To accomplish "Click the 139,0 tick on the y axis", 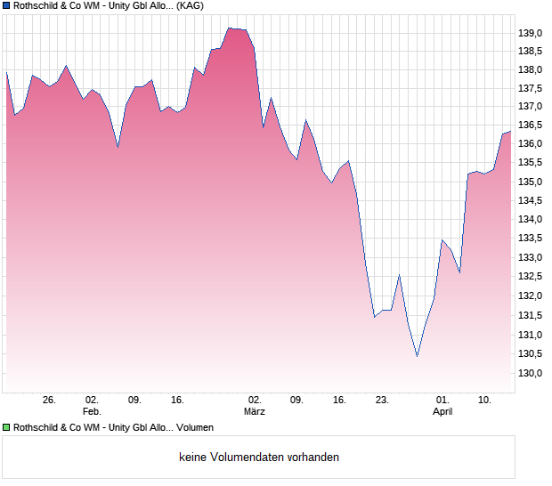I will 530,33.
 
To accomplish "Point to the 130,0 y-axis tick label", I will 530,373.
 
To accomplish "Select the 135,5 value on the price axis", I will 530,162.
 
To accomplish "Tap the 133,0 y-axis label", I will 530,257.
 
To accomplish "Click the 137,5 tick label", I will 530,87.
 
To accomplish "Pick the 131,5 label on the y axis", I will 530,314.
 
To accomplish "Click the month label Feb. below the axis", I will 92,411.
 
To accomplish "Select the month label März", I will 255,411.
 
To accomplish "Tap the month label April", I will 442,411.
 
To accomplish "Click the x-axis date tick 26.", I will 49,400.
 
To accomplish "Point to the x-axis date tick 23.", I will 382,400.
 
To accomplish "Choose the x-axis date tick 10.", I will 484,400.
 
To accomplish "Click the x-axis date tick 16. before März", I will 177,400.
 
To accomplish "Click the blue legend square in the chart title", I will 6,6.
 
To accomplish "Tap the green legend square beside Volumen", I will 6,427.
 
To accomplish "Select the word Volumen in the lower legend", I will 195,427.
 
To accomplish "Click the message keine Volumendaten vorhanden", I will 259,458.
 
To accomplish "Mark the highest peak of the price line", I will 230,28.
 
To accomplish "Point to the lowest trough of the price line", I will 417,356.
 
